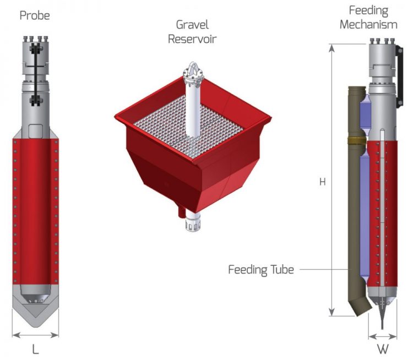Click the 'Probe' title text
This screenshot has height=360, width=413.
(x=35, y=15)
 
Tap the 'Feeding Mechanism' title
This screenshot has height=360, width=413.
(x=368, y=18)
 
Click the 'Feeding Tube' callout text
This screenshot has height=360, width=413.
(x=262, y=270)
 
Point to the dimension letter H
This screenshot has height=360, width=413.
(x=323, y=181)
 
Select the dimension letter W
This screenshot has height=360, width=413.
(x=382, y=349)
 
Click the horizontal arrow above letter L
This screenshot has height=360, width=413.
(x=35, y=334)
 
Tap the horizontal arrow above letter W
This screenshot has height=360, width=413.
(x=382, y=336)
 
